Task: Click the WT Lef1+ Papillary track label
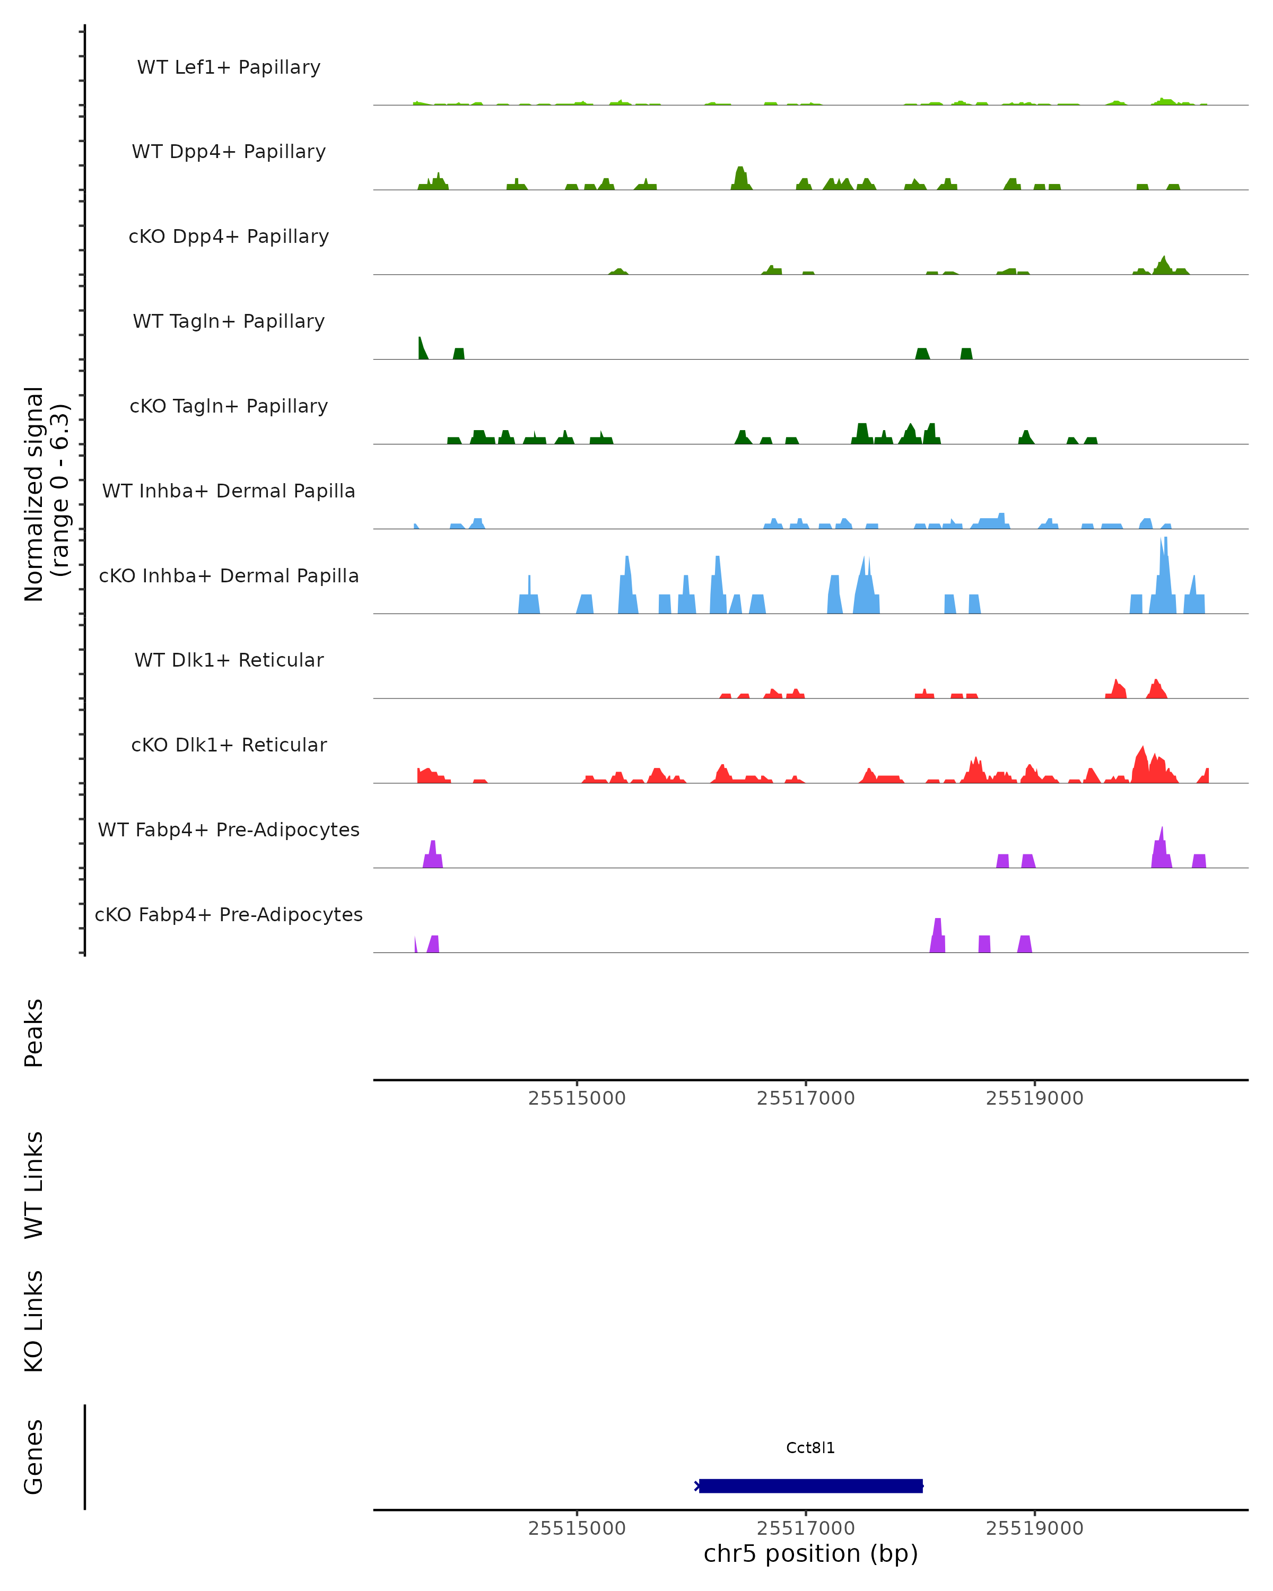[x=229, y=67]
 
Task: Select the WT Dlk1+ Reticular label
[x=229, y=660]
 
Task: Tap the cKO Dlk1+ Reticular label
[x=229, y=745]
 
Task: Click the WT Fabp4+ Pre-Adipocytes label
[x=229, y=829]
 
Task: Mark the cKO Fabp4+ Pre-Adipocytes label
[x=229, y=914]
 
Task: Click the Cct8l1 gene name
[x=810, y=1448]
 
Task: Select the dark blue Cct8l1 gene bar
[x=810, y=1485]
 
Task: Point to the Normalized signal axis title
[x=46, y=494]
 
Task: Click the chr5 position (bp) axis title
[x=810, y=1554]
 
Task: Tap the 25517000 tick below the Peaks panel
[x=806, y=1098]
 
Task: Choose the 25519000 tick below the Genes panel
[x=1035, y=1528]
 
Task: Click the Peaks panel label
[x=34, y=1033]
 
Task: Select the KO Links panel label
[x=34, y=1321]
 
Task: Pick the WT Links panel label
[x=34, y=1185]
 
